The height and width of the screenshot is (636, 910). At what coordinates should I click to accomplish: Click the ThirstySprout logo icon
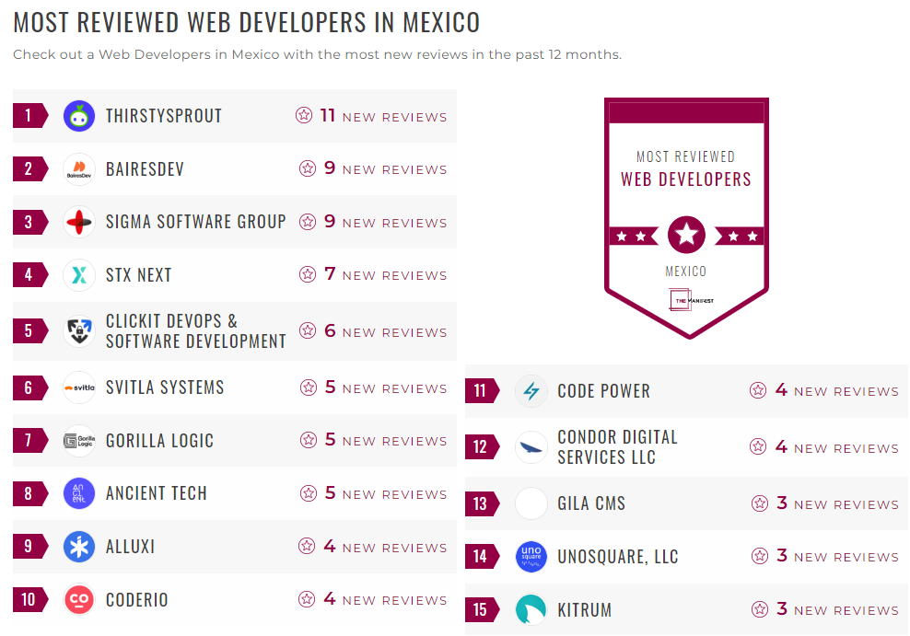[x=79, y=116]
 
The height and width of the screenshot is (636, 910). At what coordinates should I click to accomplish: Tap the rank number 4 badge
[x=29, y=274]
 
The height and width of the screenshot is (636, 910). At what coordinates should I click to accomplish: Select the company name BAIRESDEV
[x=145, y=169]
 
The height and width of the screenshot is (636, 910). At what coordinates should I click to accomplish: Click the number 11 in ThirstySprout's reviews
[x=328, y=115]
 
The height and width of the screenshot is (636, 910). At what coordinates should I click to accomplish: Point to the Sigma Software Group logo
[x=79, y=222]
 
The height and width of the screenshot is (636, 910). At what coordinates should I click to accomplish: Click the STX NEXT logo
[x=79, y=274]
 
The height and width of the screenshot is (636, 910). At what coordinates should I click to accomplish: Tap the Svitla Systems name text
[x=165, y=387]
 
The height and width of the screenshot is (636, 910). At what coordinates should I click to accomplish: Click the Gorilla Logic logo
[x=79, y=441]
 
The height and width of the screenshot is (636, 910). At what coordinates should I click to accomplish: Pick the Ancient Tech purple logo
[x=79, y=493]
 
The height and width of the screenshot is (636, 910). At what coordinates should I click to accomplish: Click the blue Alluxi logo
[x=79, y=547]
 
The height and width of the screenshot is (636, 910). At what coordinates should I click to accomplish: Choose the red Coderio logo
[x=79, y=600]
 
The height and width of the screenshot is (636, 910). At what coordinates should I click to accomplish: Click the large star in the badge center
[x=686, y=235]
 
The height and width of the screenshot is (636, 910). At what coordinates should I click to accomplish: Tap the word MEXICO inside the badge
[x=686, y=272]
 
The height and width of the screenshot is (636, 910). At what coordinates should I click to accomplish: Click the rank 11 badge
[x=480, y=391]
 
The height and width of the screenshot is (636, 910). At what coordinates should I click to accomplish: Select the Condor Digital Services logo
[x=531, y=447]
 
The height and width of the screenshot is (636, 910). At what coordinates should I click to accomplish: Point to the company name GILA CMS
[x=591, y=503]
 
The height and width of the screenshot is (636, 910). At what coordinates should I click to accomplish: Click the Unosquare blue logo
[x=531, y=557]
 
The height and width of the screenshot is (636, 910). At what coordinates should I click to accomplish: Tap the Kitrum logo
[x=531, y=610]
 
